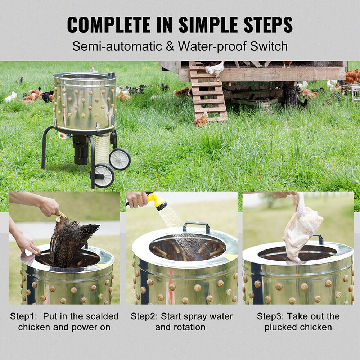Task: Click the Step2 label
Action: point(144,316)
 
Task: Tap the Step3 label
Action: point(270,316)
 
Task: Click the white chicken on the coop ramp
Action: point(215,69)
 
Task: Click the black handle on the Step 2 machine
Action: point(196,226)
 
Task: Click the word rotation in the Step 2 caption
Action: point(180,327)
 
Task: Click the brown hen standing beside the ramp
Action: point(201,119)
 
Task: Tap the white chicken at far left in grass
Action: point(11,96)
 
